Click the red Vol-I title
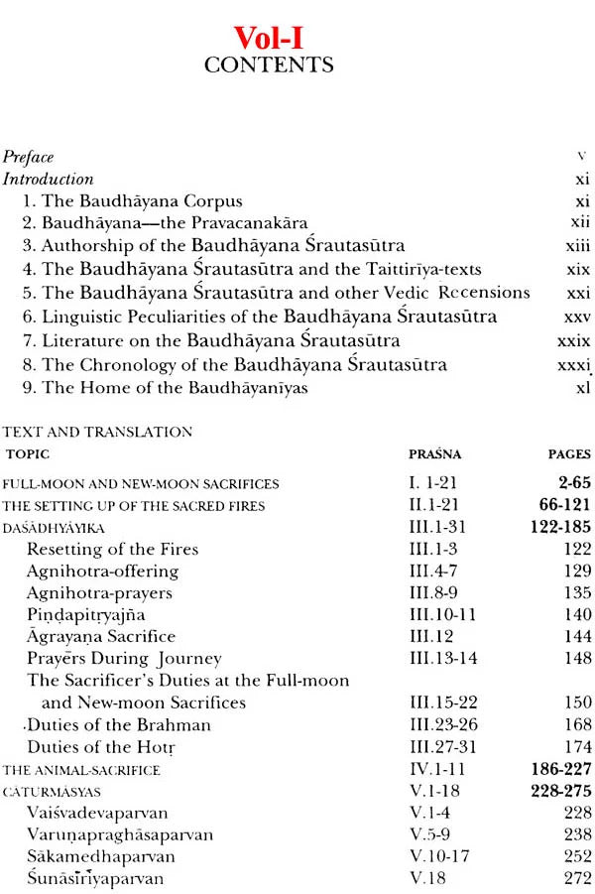pyautogui.click(x=269, y=39)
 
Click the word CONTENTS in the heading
pyautogui.click(x=269, y=66)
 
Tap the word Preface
pyautogui.click(x=29, y=157)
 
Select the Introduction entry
pyautogui.click(x=49, y=180)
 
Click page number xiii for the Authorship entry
pyautogui.click(x=574, y=246)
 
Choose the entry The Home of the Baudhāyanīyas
pyautogui.click(x=165, y=388)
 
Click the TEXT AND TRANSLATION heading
pyautogui.click(x=98, y=433)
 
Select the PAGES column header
pyautogui.click(x=568, y=454)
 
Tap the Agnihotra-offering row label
pyautogui.click(x=103, y=572)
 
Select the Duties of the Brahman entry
pyautogui.click(x=119, y=724)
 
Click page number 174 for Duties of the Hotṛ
pyautogui.click(x=577, y=747)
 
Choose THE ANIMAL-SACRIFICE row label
pyautogui.click(x=81, y=770)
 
